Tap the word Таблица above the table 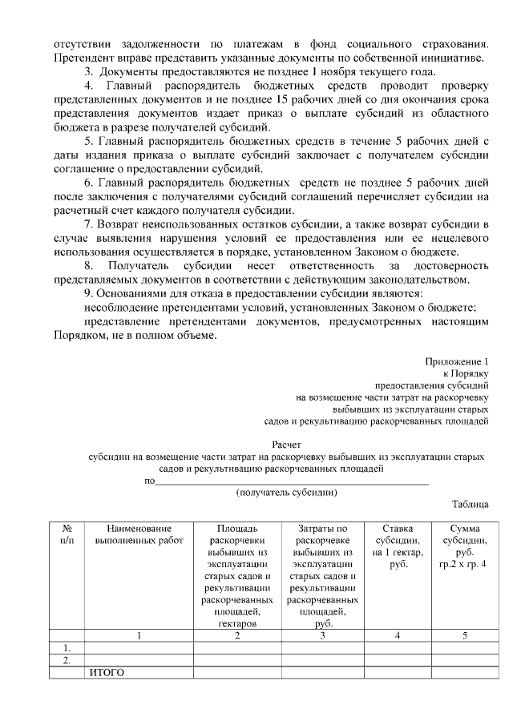click(470, 504)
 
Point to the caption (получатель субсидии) click(287, 492)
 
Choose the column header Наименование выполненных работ click(139, 535)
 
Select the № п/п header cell click(67, 535)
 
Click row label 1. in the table click(67, 647)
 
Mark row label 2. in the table click(67, 660)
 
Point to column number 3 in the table click(321, 634)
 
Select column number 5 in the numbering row click(464, 634)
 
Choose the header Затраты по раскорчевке click(321, 535)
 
